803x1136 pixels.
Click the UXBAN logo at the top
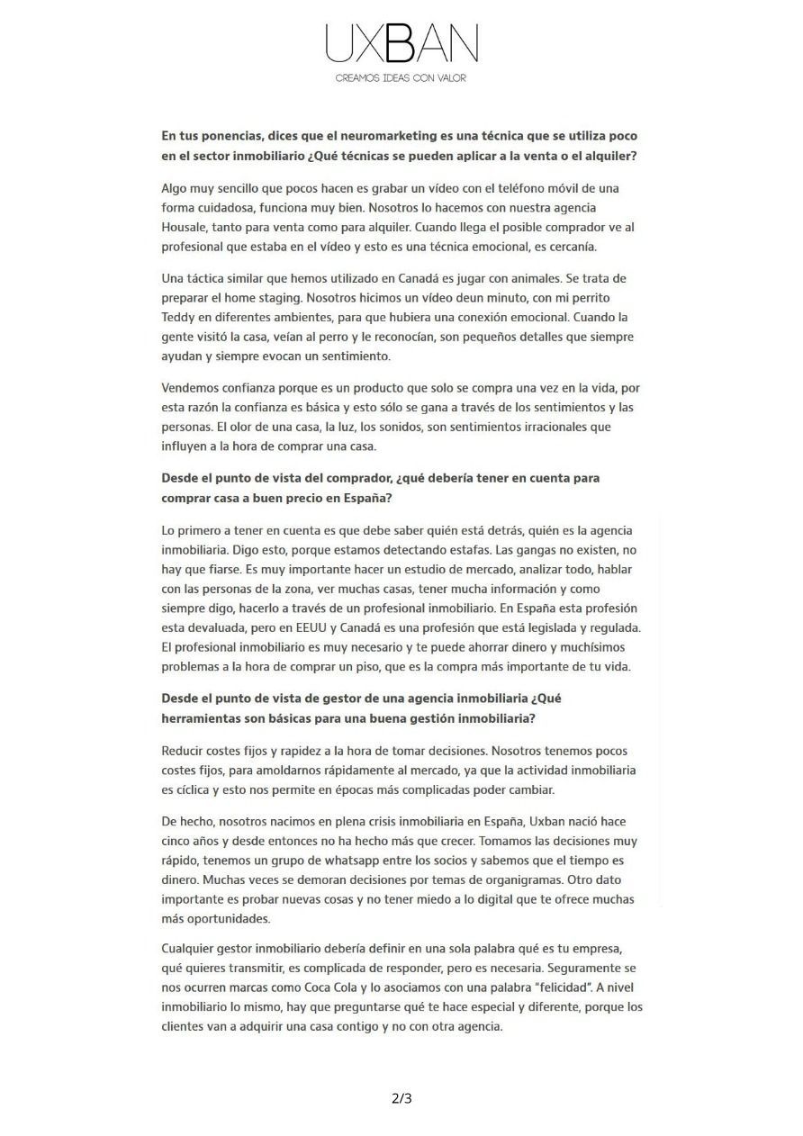point(401,43)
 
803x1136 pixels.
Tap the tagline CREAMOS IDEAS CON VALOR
point(401,78)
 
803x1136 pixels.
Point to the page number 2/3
point(401,1098)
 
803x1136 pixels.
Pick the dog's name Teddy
point(178,317)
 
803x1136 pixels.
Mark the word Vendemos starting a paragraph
point(193,388)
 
